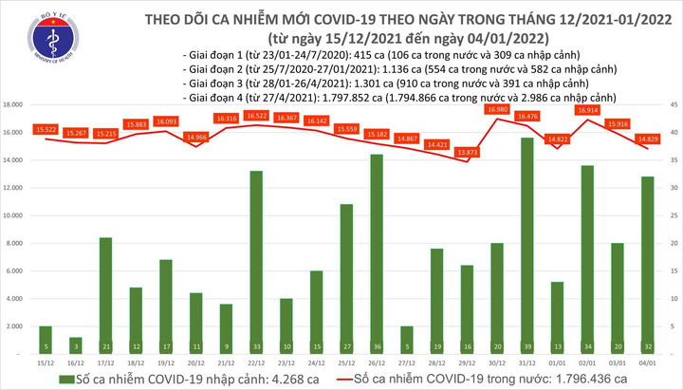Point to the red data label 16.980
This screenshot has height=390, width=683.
click(496, 110)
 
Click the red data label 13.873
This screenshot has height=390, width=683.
click(466, 152)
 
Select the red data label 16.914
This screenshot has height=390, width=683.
click(586, 110)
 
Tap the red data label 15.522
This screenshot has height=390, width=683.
click(46, 128)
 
